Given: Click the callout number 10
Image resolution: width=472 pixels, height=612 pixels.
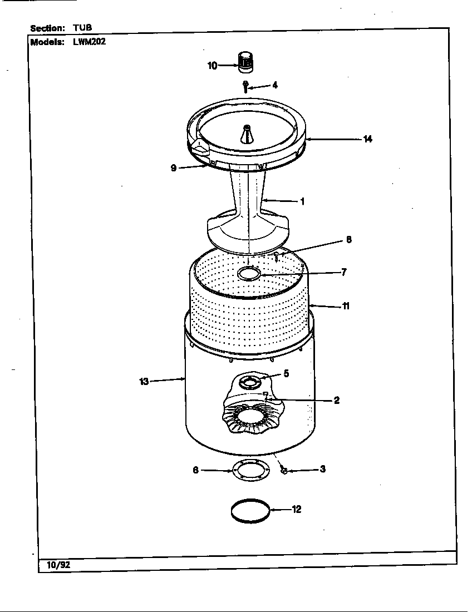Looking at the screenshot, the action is pyautogui.click(x=212, y=66).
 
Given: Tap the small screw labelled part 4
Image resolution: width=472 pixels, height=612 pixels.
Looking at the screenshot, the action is pyautogui.click(x=245, y=86).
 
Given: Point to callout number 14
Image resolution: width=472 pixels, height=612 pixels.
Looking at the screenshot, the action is pyautogui.click(x=367, y=139).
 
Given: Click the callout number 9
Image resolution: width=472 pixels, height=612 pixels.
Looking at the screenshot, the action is pyautogui.click(x=174, y=168).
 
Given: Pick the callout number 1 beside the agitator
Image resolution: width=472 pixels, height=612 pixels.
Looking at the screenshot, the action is pyautogui.click(x=302, y=201).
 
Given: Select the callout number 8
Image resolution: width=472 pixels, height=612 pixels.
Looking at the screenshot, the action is pyautogui.click(x=348, y=240).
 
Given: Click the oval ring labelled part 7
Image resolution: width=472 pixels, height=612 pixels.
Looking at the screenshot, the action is pyautogui.click(x=249, y=273).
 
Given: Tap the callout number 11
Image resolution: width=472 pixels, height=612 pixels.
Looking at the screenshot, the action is pyautogui.click(x=346, y=306).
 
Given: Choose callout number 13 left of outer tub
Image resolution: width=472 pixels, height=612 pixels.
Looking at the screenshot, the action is pyautogui.click(x=144, y=381).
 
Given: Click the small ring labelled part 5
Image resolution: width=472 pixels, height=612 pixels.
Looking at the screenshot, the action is pyautogui.click(x=249, y=381).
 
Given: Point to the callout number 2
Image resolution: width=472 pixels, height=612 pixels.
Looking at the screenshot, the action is pyautogui.click(x=337, y=400).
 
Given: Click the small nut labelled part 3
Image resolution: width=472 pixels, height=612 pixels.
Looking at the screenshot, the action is pyautogui.click(x=284, y=471).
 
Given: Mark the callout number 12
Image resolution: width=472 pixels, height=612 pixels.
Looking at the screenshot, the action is pyautogui.click(x=297, y=509).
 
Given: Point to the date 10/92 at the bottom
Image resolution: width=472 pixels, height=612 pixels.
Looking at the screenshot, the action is pyautogui.click(x=55, y=565).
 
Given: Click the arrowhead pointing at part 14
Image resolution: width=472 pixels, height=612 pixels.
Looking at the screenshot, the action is pyautogui.click(x=308, y=139).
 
